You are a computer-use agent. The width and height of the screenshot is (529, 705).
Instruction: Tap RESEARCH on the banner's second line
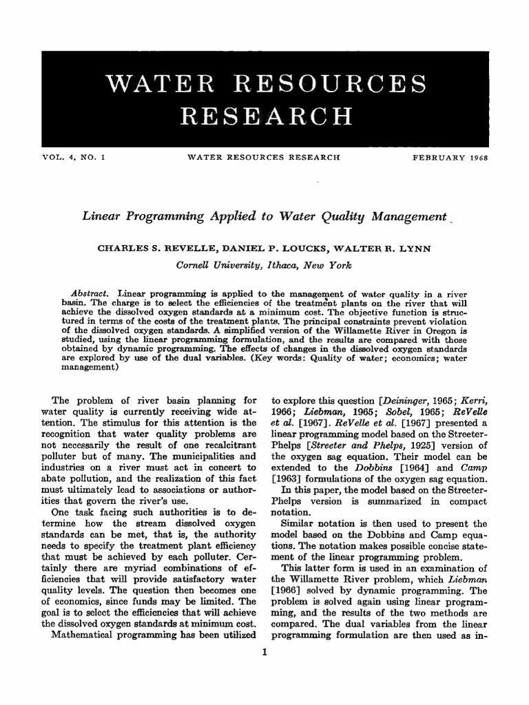(264, 118)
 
